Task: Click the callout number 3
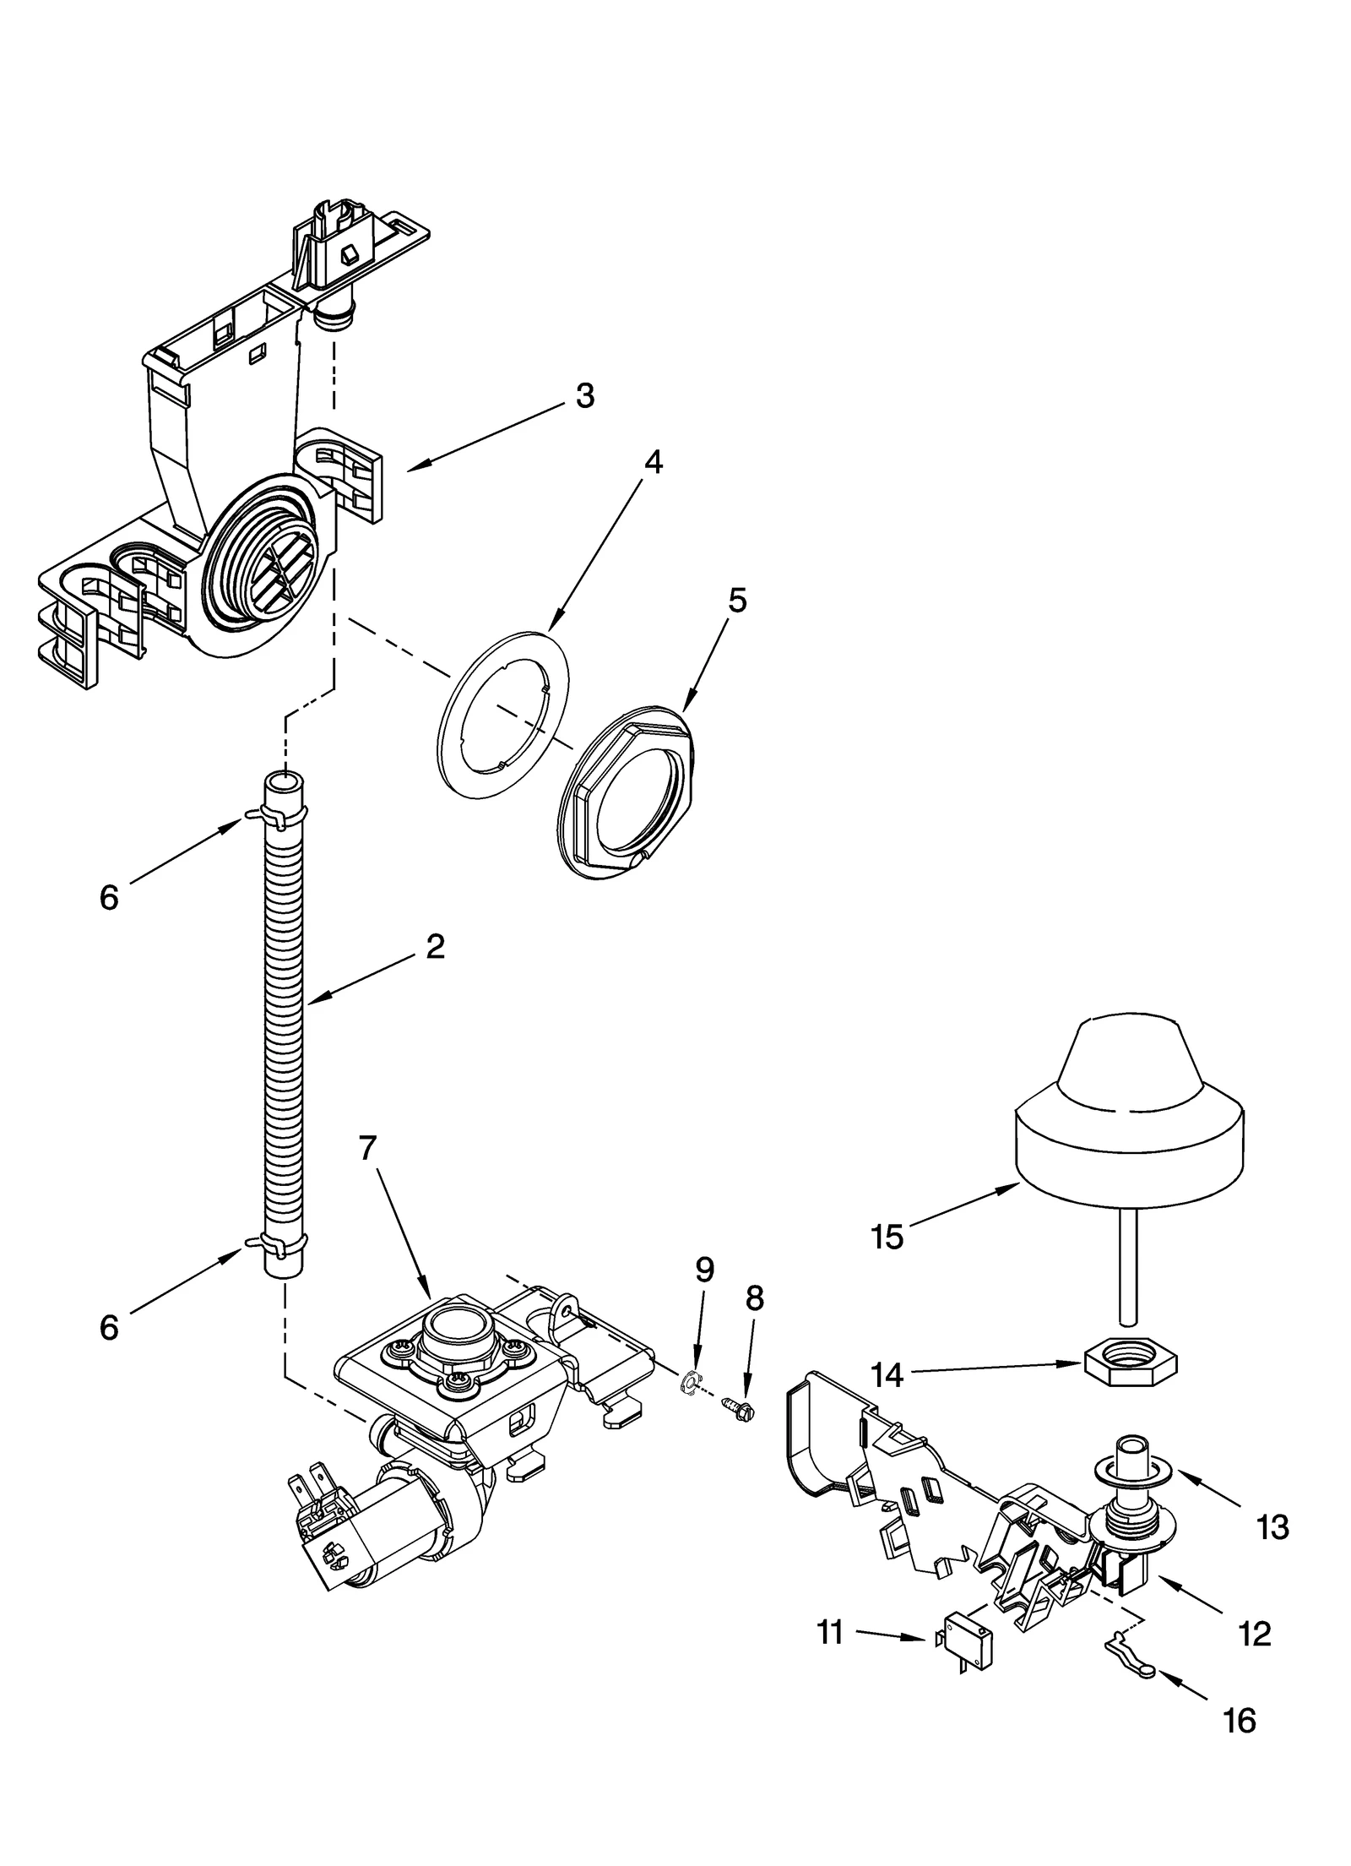[584, 396]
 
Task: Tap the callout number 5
[736, 601]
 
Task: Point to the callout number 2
[435, 946]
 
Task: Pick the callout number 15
[887, 1238]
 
